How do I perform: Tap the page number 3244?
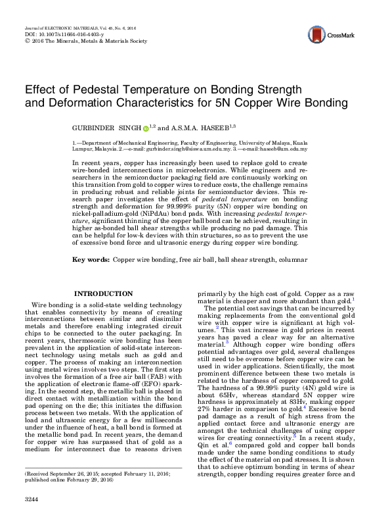pos(32,499)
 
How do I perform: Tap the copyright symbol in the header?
pos(27,40)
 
